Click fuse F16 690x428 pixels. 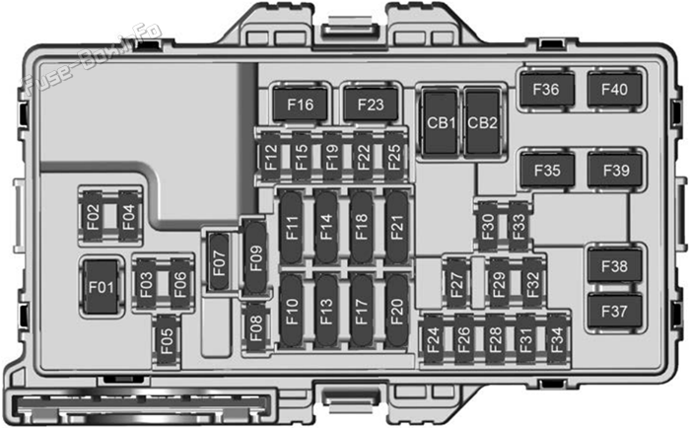(x=300, y=105)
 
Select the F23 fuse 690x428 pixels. (x=371, y=105)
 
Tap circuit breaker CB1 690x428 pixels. (x=441, y=122)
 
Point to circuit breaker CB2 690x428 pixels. (x=482, y=122)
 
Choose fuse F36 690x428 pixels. (x=547, y=90)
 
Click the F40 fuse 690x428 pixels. (x=614, y=90)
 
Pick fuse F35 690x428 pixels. (x=547, y=170)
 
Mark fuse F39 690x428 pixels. (x=615, y=170)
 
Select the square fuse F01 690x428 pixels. (x=102, y=287)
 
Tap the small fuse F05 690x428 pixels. (x=167, y=341)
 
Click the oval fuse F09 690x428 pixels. (x=255, y=258)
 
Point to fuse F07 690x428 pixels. (x=219, y=262)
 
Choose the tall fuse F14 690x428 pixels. (x=326, y=227)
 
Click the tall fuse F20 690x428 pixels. (x=396, y=311)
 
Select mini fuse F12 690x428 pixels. (x=270, y=157)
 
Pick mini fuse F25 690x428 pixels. (x=394, y=157)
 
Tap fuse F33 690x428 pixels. (x=518, y=227)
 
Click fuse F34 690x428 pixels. (x=557, y=339)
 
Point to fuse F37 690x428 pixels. (x=614, y=312)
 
